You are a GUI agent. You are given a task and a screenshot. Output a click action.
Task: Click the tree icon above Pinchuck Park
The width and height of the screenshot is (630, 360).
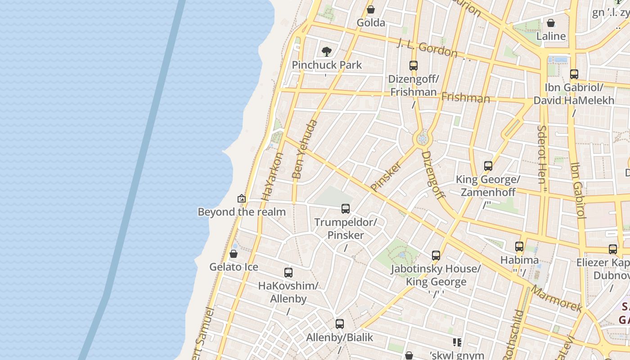pyautogui.click(x=327, y=51)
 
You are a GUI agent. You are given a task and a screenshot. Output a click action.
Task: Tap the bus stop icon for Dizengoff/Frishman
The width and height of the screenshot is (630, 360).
pyautogui.click(x=414, y=66)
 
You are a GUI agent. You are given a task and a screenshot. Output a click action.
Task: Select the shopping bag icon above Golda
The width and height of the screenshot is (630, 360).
pyautogui.click(x=371, y=9)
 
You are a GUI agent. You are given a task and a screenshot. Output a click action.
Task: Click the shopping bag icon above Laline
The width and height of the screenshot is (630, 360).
pyautogui.click(x=551, y=23)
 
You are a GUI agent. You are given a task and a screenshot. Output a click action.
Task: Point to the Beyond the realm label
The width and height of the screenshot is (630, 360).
pyautogui.click(x=242, y=212)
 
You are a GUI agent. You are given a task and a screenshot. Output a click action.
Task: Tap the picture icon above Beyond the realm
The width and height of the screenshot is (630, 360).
pyautogui.click(x=242, y=198)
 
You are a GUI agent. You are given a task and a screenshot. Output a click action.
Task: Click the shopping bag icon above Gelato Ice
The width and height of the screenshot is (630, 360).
pyautogui.click(x=234, y=254)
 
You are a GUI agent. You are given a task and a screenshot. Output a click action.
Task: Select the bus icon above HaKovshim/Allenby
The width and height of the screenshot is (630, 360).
pyautogui.click(x=288, y=273)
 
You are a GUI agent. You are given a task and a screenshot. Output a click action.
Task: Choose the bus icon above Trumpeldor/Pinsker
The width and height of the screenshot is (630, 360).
pyautogui.click(x=346, y=209)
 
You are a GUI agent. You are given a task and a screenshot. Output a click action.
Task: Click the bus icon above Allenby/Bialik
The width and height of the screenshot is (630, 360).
pyautogui.click(x=340, y=324)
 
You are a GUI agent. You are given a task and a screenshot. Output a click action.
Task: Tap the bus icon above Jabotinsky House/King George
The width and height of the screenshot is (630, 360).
pyautogui.click(x=436, y=256)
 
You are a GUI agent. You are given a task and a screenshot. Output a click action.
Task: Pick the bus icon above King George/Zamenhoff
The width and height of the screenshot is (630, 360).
pyautogui.click(x=488, y=166)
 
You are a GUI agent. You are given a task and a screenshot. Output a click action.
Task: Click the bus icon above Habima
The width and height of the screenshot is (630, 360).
pyautogui.click(x=519, y=247)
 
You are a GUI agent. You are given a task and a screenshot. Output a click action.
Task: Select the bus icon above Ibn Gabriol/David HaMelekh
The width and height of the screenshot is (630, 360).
pyautogui.click(x=574, y=74)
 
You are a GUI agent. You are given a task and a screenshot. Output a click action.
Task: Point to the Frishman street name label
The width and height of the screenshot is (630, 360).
pyautogui.click(x=465, y=97)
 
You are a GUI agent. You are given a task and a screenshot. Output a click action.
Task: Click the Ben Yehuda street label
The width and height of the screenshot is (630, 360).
pyautogui.click(x=305, y=149)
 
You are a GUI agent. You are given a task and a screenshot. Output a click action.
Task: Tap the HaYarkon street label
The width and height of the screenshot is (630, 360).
pyautogui.click(x=273, y=176)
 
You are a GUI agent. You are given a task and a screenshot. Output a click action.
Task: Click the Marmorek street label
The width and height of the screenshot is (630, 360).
pyautogui.click(x=557, y=298)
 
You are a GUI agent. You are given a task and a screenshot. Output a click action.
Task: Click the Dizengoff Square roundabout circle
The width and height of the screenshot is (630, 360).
pyautogui.click(x=422, y=139)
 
